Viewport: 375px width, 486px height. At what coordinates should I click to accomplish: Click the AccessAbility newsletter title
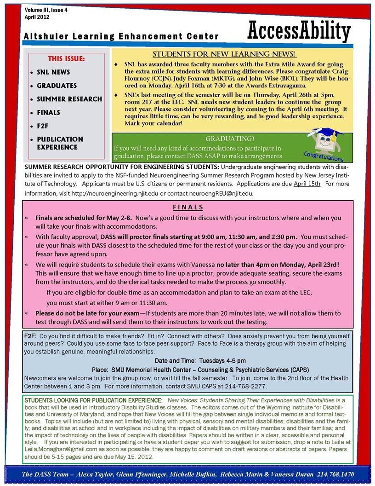299,31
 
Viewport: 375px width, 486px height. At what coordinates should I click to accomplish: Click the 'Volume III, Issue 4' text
46,10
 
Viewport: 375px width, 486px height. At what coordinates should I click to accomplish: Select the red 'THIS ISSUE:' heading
66,59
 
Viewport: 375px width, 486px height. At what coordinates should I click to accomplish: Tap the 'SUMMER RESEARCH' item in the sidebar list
69,99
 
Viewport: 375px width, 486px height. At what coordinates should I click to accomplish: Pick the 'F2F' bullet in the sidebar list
43,126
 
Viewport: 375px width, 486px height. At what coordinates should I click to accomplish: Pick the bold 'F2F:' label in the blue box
31,336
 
